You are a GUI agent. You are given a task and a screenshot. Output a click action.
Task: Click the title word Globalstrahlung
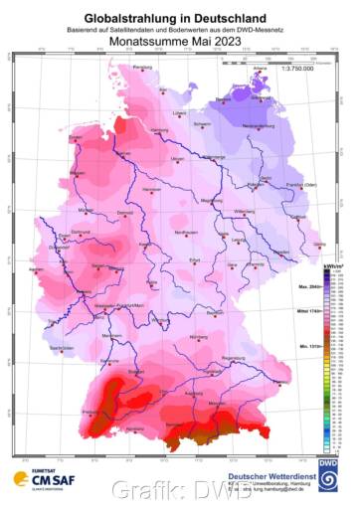tap(129, 18)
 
